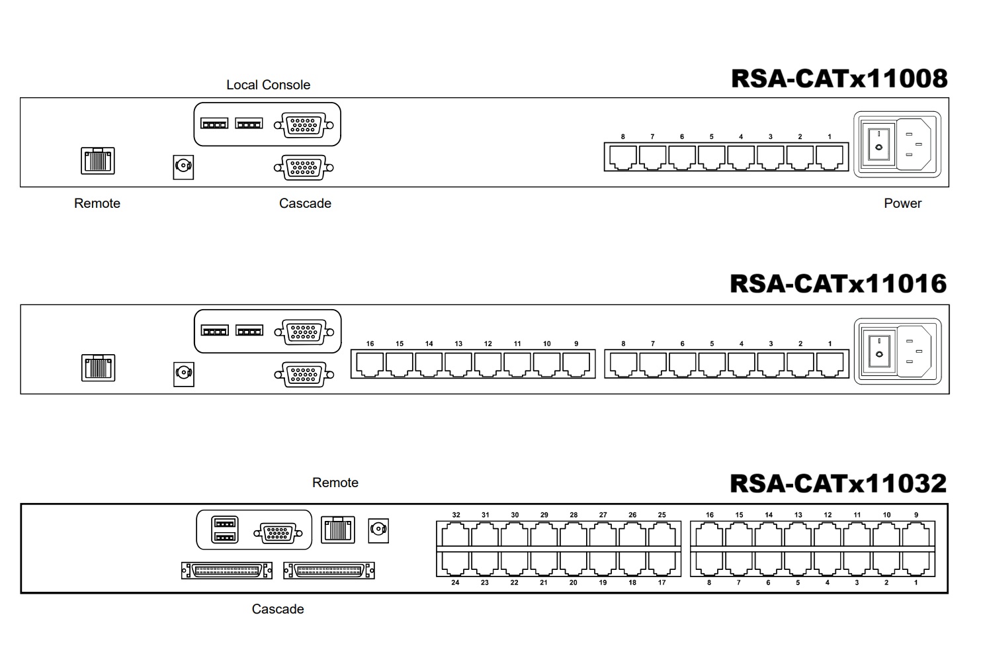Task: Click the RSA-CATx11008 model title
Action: [x=839, y=79]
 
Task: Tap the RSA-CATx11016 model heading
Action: [x=838, y=283]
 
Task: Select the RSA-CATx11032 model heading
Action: [x=838, y=484]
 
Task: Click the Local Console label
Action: [x=268, y=85]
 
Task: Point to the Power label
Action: [x=902, y=203]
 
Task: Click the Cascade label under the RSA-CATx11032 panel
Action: [x=278, y=609]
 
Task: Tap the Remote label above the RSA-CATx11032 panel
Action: [x=335, y=483]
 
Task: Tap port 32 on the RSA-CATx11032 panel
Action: [x=456, y=535]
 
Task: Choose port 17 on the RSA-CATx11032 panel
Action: [x=661, y=563]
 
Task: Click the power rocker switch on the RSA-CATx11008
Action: [x=878, y=145]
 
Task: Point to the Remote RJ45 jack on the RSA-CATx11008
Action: [x=98, y=161]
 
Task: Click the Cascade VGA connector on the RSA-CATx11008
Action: [x=304, y=167]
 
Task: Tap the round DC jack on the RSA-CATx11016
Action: [x=183, y=374]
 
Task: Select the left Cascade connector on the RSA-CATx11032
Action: [x=227, y=571]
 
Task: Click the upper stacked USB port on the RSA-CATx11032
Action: [x=225, y=523]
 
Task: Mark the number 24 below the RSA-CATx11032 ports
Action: [x=456, y=582]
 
